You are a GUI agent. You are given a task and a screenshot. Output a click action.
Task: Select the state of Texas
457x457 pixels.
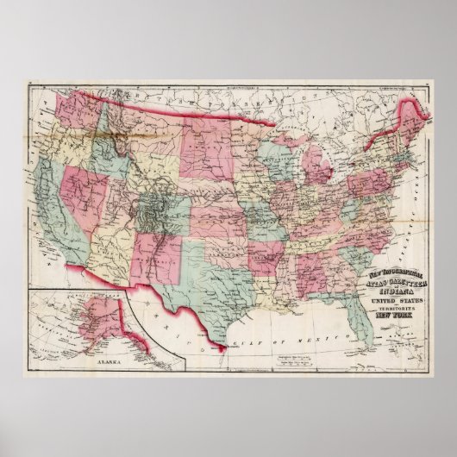[194, 280]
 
